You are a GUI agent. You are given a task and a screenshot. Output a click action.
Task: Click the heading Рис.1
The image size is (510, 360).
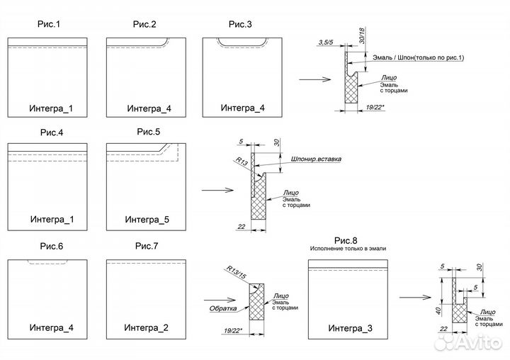point(48,25)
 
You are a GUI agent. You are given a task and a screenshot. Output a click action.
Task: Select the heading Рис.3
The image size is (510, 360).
point(240,25)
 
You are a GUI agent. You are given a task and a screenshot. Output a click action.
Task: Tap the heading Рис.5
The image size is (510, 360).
point(149,132)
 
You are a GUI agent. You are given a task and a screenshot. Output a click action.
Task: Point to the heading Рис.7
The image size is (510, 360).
point(146,246)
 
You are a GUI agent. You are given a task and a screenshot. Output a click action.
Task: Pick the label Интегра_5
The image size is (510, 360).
point(148,220)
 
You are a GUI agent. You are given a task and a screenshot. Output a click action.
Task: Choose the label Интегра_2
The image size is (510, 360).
point(146,328)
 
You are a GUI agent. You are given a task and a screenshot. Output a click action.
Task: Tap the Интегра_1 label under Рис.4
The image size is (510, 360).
point(52,220)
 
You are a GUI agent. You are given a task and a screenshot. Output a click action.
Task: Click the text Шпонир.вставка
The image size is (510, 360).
point(316,159)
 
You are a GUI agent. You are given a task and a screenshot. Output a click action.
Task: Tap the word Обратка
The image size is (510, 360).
point(222,308)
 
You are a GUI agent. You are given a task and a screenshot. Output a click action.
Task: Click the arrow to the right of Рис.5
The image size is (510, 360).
point(217,190)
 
